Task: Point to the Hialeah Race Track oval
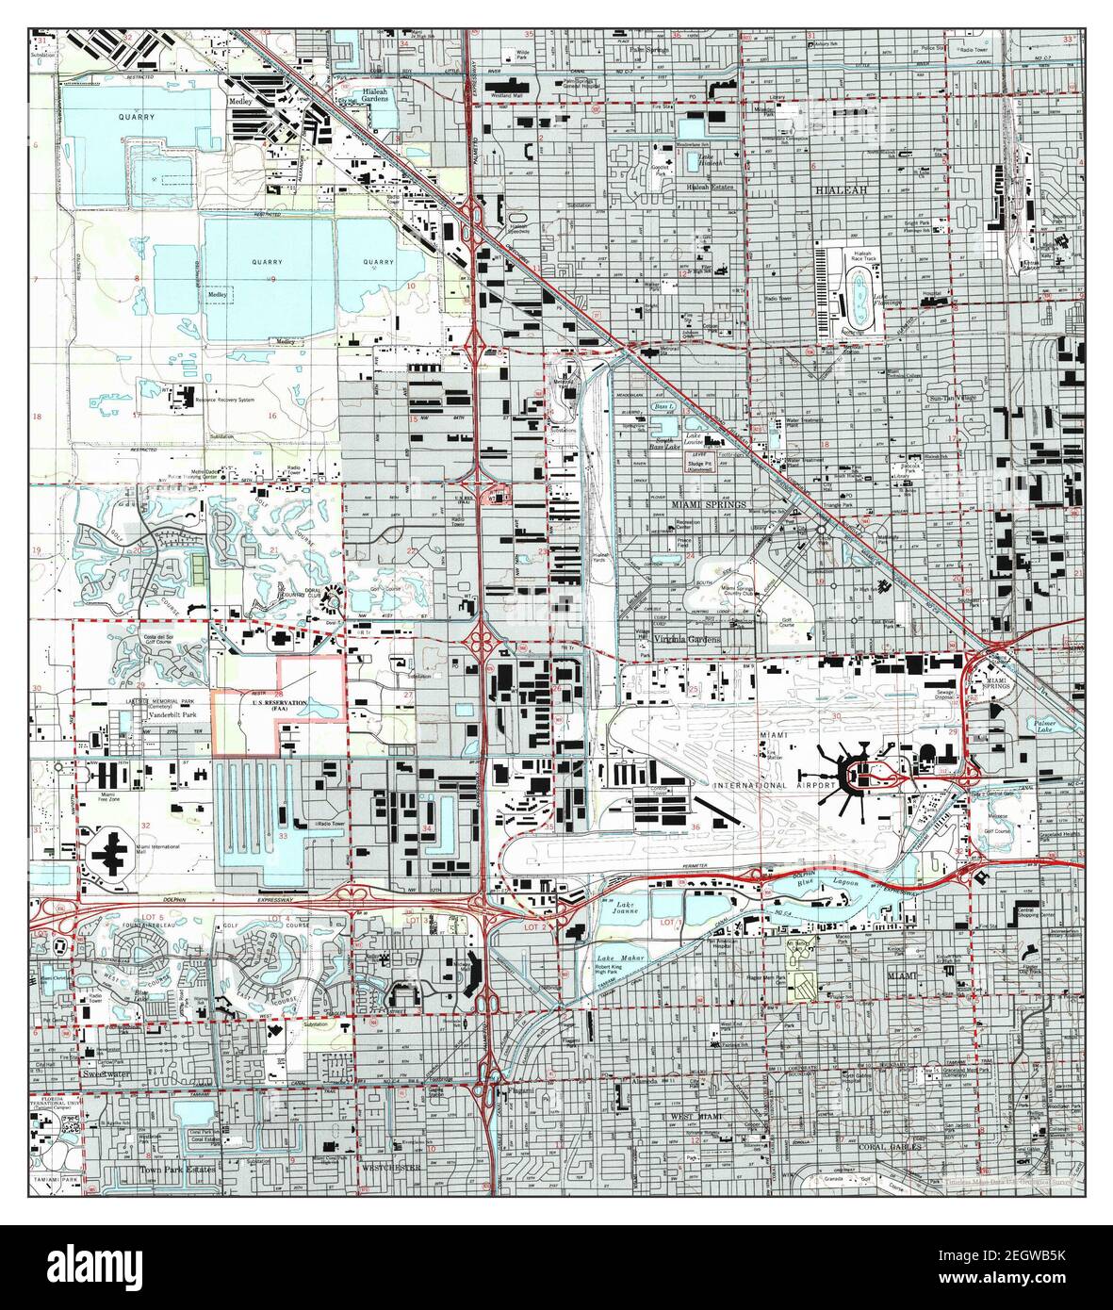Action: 856,299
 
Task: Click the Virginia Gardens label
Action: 687,639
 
